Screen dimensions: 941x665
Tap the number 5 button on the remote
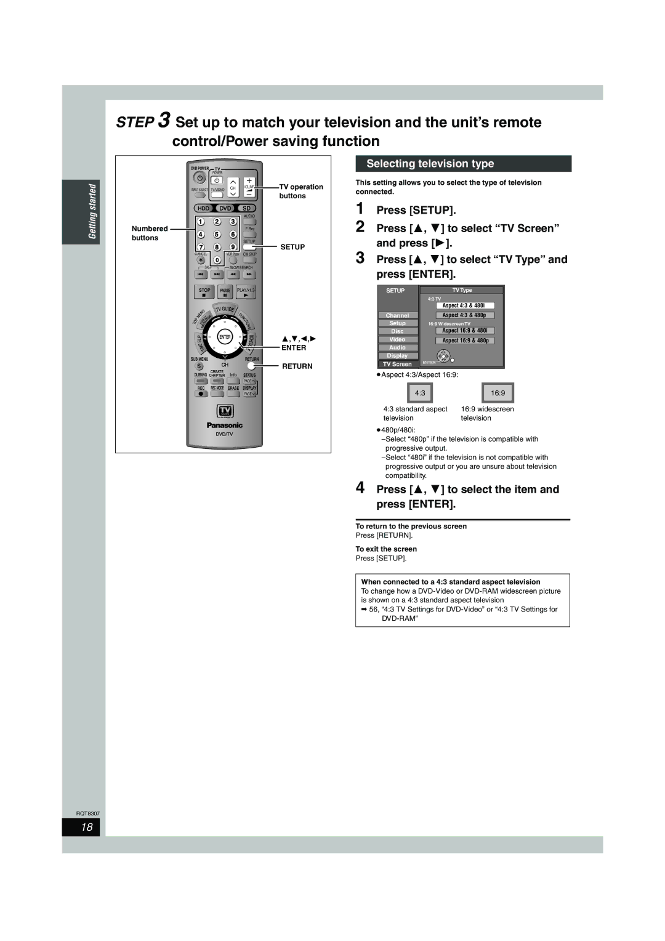[217, 235]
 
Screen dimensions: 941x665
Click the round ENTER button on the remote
[225, 337]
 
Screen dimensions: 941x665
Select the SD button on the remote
[246, 208]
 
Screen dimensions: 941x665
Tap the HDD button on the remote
[203, 208]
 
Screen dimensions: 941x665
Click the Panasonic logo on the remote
[224, 425]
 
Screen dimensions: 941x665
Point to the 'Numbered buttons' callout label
[149, 233]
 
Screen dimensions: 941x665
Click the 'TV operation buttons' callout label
[301, 191]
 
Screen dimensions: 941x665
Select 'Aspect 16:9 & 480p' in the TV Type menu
[465, 341]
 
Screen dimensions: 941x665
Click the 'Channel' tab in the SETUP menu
[397, 315]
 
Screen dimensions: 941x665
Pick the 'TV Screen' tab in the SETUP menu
[397, 364]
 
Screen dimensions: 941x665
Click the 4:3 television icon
[420, 393]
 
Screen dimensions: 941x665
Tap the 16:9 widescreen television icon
[498, 393]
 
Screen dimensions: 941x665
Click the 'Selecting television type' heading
[430, 164]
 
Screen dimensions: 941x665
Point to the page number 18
[89, 827]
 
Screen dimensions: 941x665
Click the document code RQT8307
[87, 814]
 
